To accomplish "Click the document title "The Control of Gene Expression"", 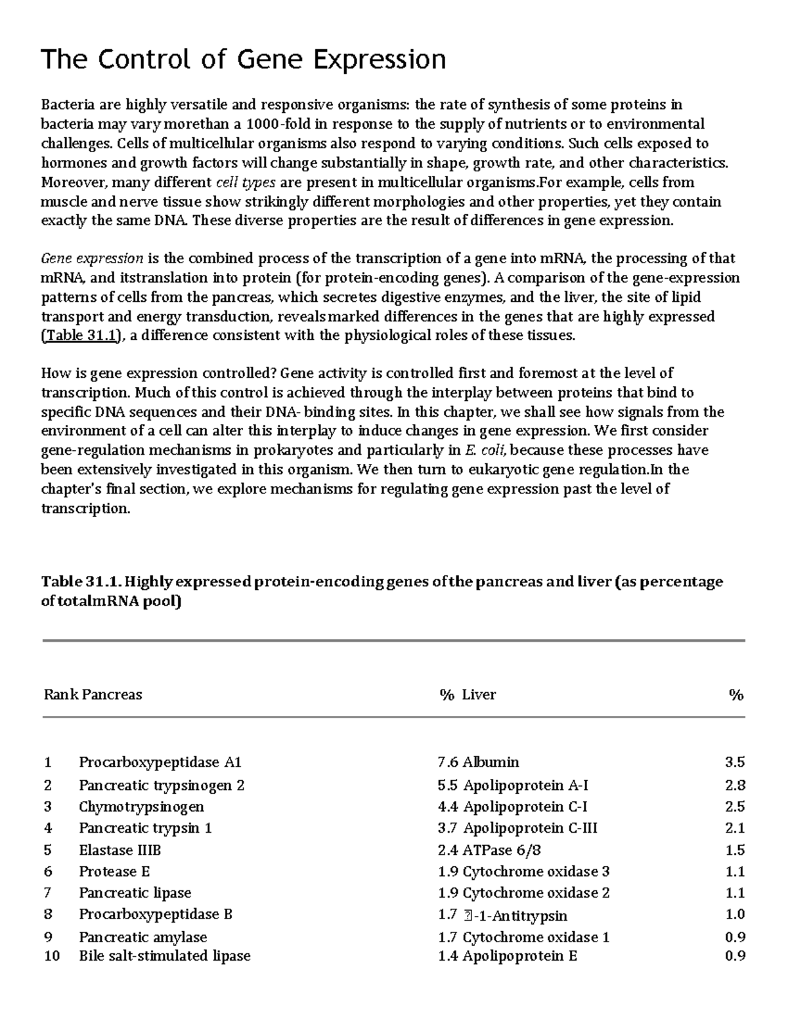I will (x=244, y=60).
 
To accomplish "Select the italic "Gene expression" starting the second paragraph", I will (x=92, y=258).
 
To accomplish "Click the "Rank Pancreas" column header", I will (x=93, y=694).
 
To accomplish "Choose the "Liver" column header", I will (x=479, y=694).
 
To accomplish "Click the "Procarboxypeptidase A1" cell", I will (x=160, y=762).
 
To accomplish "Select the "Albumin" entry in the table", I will (x=491, y=762).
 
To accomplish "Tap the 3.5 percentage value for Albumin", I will (x=735, y=762).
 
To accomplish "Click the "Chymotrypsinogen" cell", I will (x=141, y=806).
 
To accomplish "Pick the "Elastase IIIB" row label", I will (x=120, y=850).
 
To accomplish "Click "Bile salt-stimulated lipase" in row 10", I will (x=164, y=955).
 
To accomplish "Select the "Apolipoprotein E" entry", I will (x=519, y=955).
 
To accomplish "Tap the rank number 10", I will (x=51, y=955).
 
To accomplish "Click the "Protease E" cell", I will (x=114, y=871).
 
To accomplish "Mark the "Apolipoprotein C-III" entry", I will (x=530, y=828).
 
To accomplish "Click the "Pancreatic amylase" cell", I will (x=142, y=937).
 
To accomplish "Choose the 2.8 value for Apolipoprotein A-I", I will (x=735, y=785).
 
